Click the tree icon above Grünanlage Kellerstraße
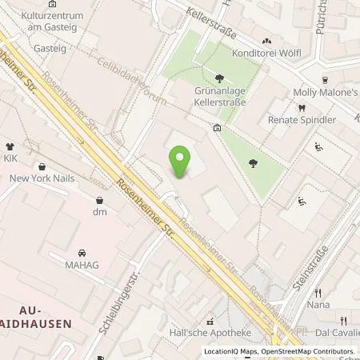click(x=219, y=78)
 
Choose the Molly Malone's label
click(x=327, y=94)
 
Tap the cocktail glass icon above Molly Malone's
click(x=326, y=81)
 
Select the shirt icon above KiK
click(x=10, y=147)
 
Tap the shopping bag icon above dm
click(x=99, y=199)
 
